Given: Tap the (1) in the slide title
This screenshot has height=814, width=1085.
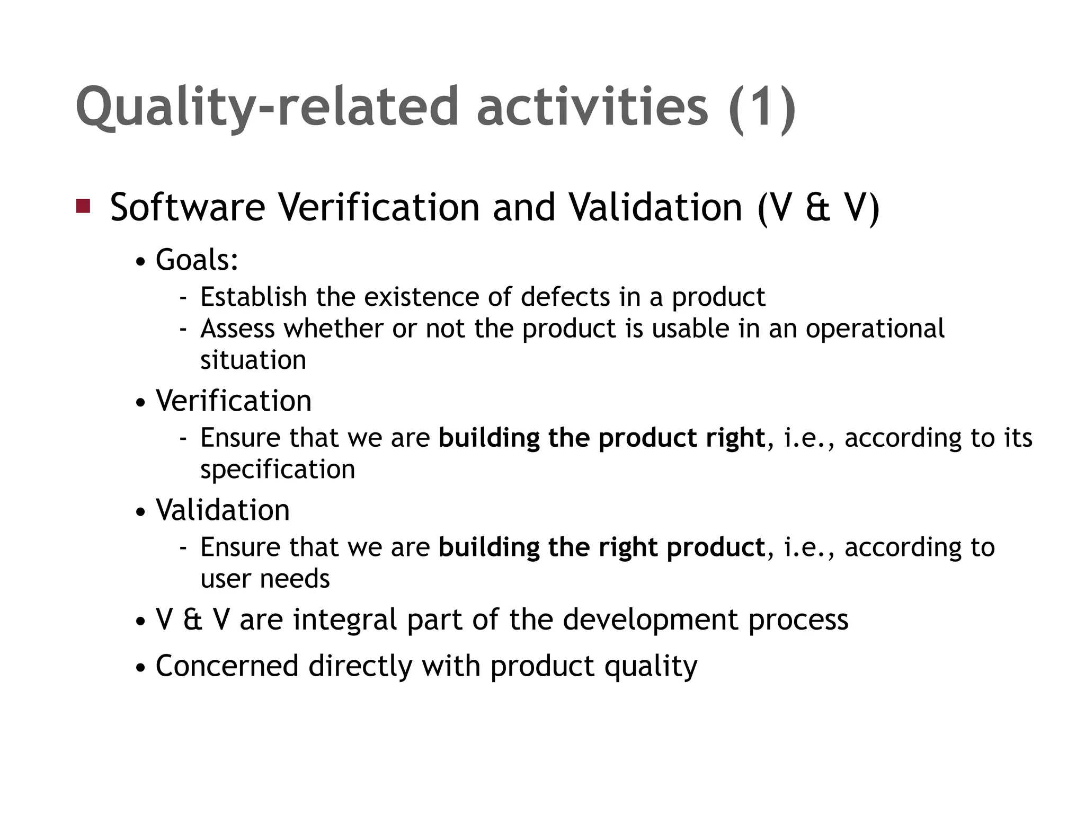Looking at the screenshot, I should (x=762, y=108).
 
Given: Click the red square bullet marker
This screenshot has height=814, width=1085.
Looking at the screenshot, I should (x=83, y=206).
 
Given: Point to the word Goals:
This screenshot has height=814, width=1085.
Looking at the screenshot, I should (x=197, y=260).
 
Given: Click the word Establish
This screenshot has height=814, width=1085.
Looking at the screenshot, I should (x=254, y=297).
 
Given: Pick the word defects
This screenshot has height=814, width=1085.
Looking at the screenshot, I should (x=565, y=297).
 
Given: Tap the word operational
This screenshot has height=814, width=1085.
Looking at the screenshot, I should (x=875, y=329).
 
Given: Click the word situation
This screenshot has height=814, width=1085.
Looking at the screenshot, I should (x=253, y=360).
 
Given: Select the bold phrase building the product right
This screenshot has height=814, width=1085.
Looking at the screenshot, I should (x=602, y=438).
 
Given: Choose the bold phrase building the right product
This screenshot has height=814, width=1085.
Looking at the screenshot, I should (x=602, y=547).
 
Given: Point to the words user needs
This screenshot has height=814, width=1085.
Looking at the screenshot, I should (x=265, y=579).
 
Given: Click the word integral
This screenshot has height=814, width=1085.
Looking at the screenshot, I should (x=345, y=620).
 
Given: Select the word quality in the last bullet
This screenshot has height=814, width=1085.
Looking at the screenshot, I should (x=651, y=667).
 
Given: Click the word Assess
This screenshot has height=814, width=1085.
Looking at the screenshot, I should (x=238, y=329).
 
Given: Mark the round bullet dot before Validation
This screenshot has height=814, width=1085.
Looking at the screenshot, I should (x=140, y=512).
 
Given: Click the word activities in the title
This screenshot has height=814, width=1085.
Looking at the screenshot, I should (x=592, y=108).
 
